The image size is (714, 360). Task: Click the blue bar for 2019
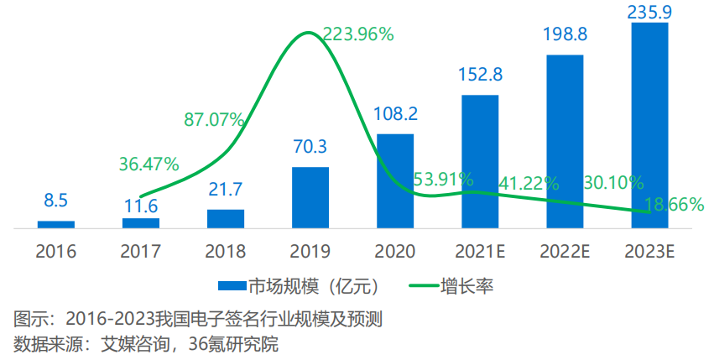310,197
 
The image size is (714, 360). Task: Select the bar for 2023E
649,126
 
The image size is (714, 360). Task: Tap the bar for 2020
395,180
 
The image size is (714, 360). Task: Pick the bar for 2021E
480,161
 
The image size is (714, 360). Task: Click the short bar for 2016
56,224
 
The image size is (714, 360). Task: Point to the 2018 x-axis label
226,251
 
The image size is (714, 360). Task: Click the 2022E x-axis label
565,251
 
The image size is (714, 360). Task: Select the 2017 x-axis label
141,251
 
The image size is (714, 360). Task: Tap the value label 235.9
649,11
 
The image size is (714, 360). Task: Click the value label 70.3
310,148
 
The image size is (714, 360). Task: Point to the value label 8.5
56,201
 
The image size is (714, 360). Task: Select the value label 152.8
480,75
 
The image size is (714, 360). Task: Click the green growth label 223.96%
358,34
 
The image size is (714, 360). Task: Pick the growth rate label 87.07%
214,119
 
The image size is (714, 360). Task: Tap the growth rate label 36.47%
149,164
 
